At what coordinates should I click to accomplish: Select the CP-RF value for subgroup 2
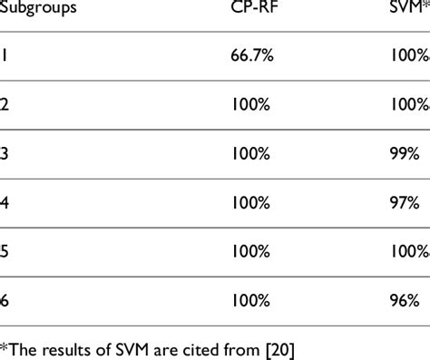point(251,103)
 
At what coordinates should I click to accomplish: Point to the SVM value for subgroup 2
point(406,103)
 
